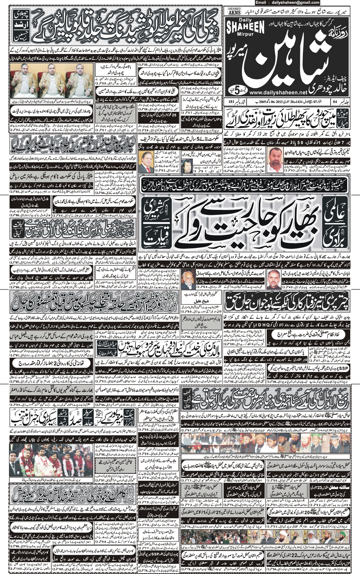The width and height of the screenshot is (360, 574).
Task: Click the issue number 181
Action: pyautogui.click(x=231, y=101)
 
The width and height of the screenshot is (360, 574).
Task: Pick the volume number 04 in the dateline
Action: pyautogui.click(x=335, y=101)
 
